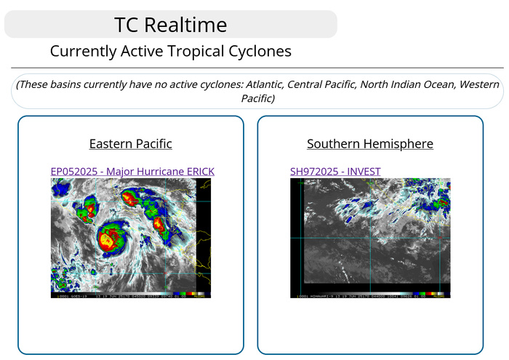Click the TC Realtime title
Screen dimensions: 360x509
170,25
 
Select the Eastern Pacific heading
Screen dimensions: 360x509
130,143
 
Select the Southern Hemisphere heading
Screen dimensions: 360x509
369,143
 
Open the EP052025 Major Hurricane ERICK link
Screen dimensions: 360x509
132,171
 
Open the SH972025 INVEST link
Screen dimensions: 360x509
334,171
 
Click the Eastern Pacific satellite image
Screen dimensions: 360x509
130,238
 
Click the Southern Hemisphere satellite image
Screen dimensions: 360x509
369,238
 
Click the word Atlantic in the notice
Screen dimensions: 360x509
261,84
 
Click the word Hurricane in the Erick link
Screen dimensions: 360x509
153,171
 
